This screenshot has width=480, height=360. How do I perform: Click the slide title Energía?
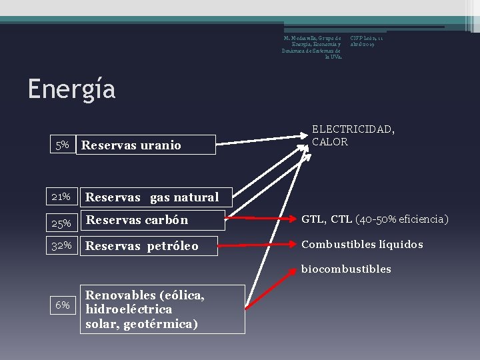coord(71,89)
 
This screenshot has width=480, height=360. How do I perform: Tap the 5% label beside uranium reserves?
coord(62,145)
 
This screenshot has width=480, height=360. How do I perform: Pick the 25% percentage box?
coord(62,220)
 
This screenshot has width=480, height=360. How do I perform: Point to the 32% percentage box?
coord(62,245)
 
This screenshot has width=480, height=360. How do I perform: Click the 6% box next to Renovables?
coord(63,305)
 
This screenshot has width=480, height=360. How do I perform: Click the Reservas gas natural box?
coord(155,197)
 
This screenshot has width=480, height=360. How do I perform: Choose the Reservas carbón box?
coord(148,220)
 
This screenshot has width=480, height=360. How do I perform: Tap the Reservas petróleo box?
coord(148,246)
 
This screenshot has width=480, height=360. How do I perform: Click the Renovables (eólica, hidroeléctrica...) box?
coord(162,309)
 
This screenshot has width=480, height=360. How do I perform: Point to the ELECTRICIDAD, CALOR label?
coord(353,136)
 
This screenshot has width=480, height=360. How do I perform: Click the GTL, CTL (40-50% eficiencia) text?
coord(375,219)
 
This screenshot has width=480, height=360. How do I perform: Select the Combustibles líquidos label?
coord(362,245)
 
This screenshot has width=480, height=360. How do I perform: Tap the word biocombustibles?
coord(346,269)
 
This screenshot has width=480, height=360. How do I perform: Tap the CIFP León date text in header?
coord(367,41)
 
